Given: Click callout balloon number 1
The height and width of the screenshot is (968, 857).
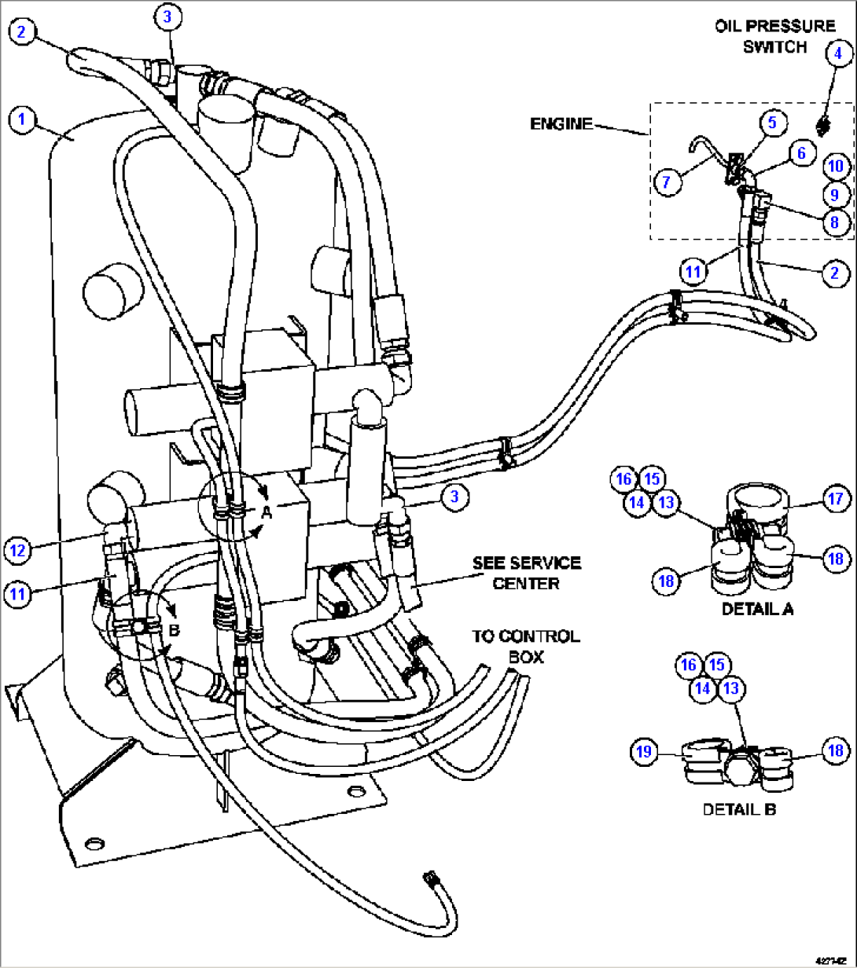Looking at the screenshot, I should point(22,120).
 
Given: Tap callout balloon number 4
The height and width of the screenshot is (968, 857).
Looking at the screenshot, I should point(837,53).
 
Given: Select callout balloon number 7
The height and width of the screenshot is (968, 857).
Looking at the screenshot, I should point(667,182).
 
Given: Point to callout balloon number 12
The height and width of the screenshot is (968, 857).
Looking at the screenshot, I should point(19,550).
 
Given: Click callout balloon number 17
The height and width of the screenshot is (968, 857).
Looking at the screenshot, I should point(834,498).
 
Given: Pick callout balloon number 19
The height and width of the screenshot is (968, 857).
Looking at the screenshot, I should point(643,752).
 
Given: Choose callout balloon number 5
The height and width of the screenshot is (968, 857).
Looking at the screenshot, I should point(772,122).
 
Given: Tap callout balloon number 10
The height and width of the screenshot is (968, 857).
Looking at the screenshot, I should point(835,166).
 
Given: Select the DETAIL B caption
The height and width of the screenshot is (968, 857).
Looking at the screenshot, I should point(739,808).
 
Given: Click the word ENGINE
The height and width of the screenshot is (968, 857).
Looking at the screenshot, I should point(561,124).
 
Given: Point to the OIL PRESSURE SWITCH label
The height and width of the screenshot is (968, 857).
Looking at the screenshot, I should point(774,36).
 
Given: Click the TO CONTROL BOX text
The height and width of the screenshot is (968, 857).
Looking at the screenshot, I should point(526,645).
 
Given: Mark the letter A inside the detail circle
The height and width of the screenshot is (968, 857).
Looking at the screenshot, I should point(267,511).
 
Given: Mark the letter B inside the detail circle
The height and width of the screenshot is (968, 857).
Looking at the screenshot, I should point(175,629).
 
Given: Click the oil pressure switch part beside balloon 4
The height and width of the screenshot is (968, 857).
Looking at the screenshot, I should point(822,124).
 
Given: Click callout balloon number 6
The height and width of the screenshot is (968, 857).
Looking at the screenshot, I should point(801,152).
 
